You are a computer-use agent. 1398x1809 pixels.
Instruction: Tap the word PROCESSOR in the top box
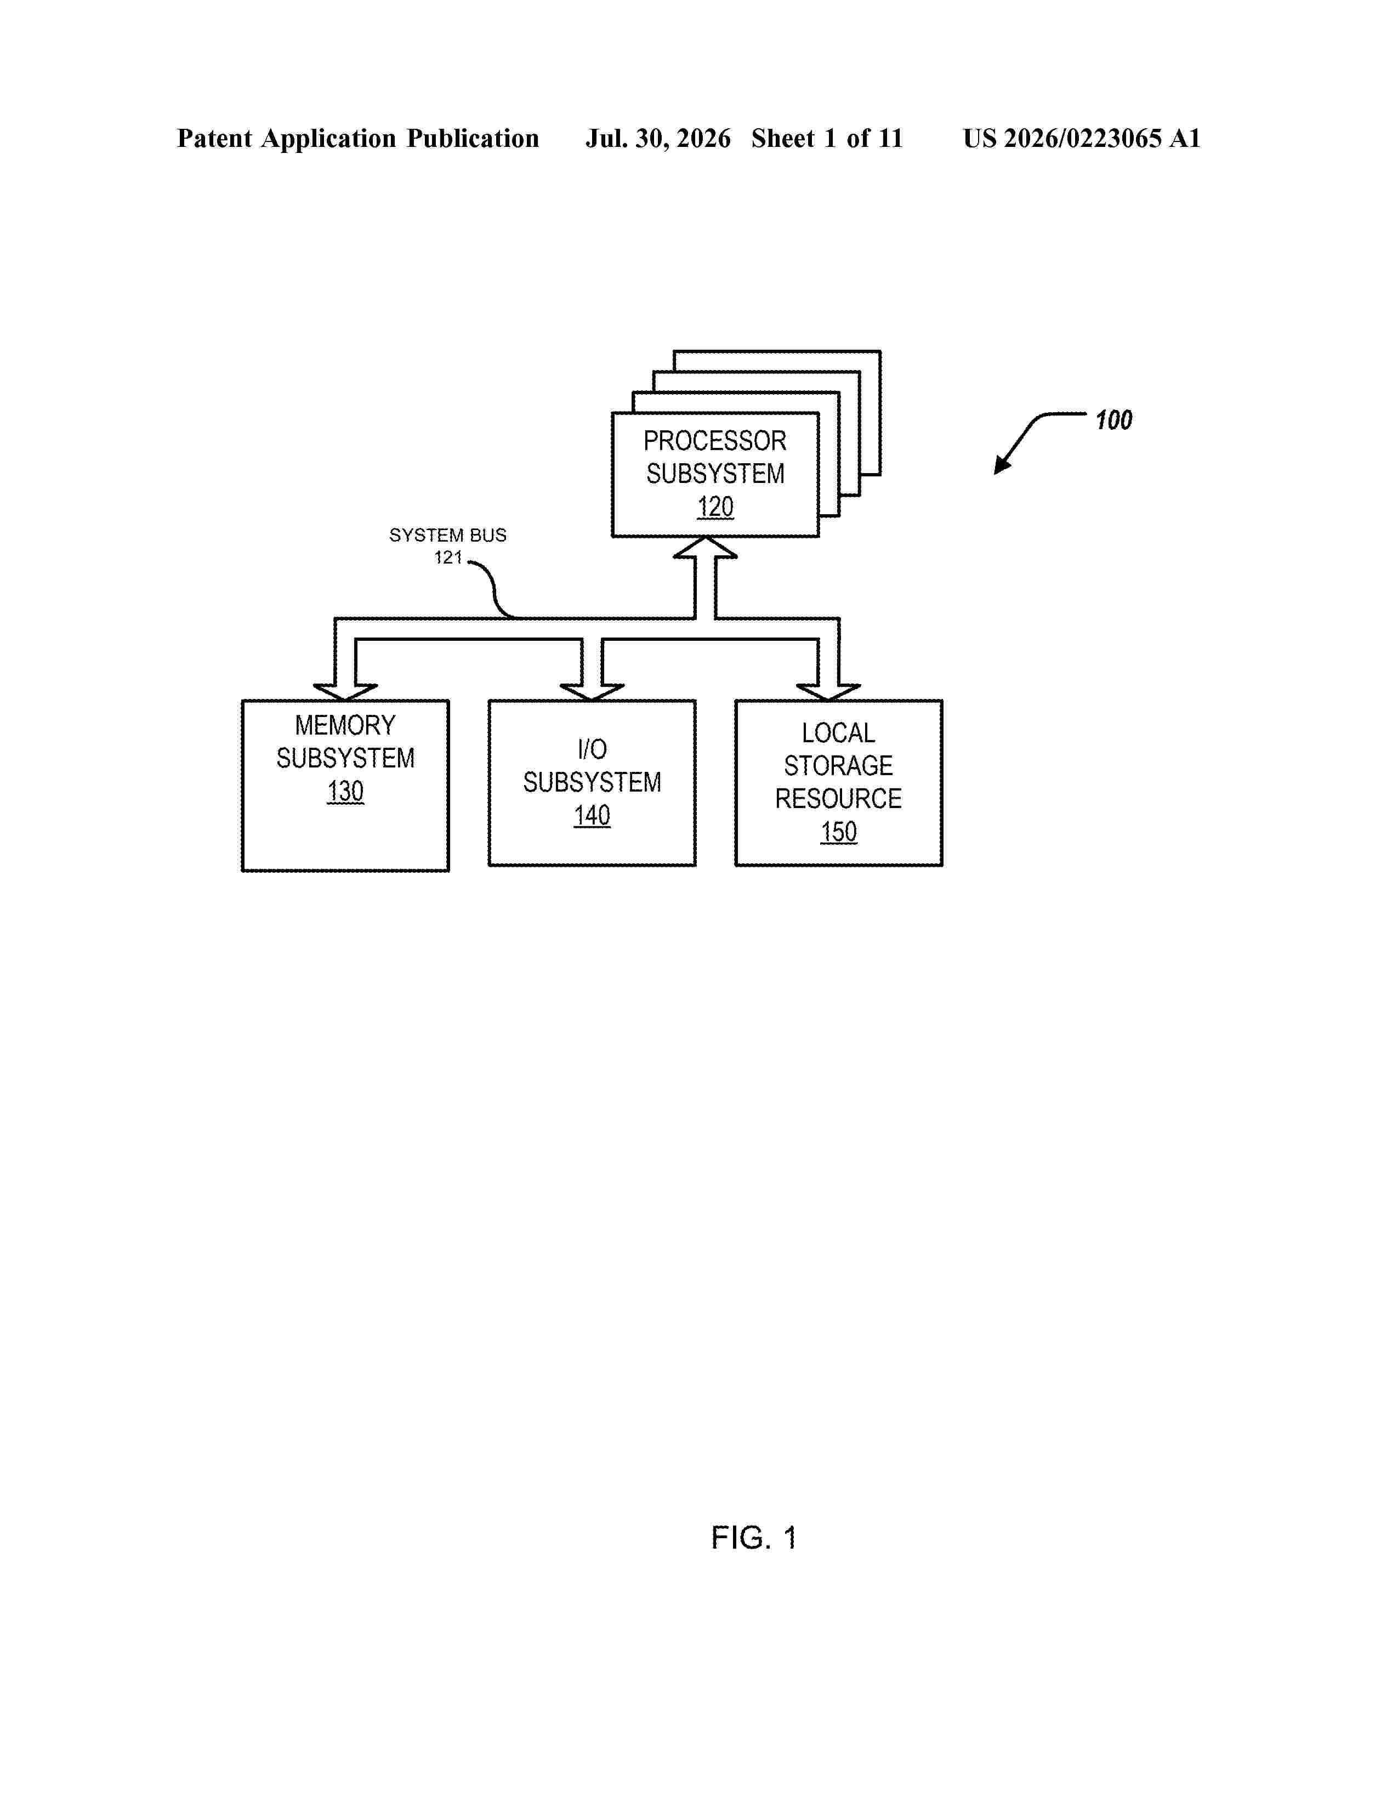coord(715,441)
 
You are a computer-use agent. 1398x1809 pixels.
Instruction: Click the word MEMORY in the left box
coord(345,726)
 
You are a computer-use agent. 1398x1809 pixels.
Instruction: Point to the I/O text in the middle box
coord(592,749)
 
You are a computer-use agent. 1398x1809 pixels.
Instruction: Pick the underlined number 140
coord(592,816)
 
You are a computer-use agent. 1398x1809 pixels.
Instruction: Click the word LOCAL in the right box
coord(838,733)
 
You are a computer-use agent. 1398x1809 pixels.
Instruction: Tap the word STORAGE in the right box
coord(838,766)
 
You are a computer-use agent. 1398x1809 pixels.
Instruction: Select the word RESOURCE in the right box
coord(838,799)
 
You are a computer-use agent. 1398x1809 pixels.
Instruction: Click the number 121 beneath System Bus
coord(448,558)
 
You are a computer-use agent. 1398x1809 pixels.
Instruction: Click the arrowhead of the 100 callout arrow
coord(1001,465)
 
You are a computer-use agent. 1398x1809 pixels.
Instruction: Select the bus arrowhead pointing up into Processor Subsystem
coord(705,548)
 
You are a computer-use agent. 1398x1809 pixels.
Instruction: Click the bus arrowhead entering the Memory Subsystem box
coord(345,692)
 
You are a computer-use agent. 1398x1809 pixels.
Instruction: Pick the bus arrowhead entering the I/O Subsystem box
coord(592,692)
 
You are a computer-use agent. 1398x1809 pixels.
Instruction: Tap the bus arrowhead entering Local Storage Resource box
coord(828,692)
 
